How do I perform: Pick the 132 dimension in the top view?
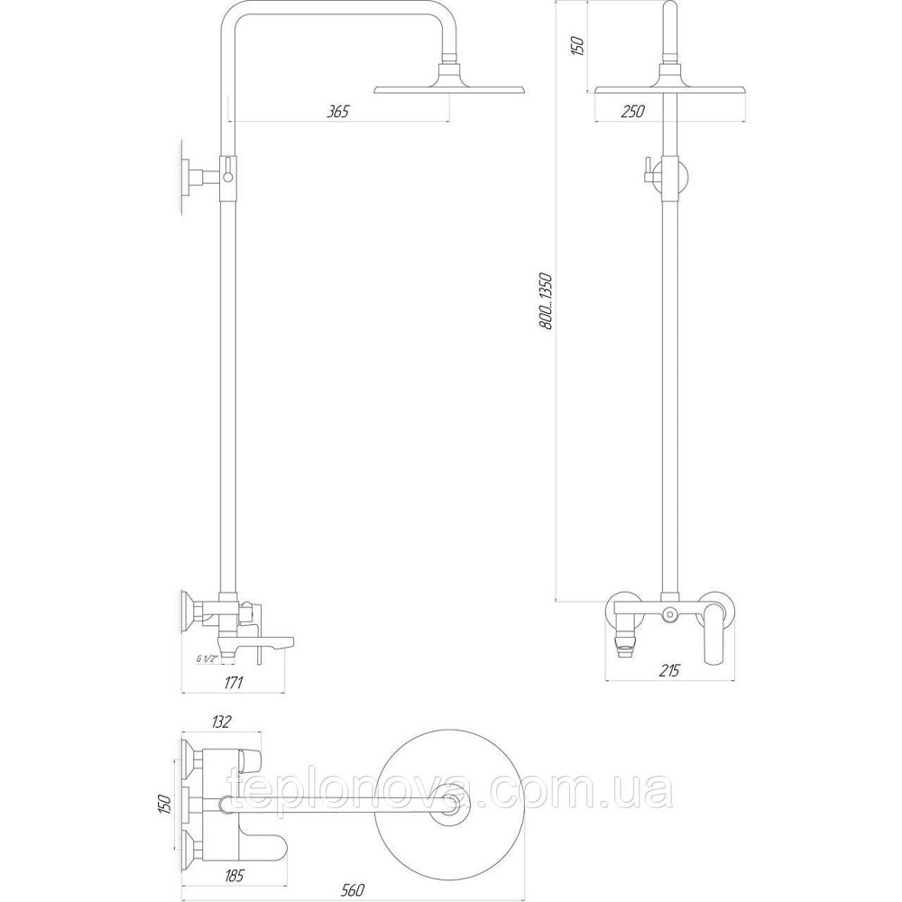click(x=221, y=722)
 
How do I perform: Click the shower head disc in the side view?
click(x=449, y=87)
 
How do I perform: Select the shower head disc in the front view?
click(x=672, y=87)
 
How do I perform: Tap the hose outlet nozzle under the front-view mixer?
click(x=622, y=641)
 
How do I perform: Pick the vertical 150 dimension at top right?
click(x=578, y=42)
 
